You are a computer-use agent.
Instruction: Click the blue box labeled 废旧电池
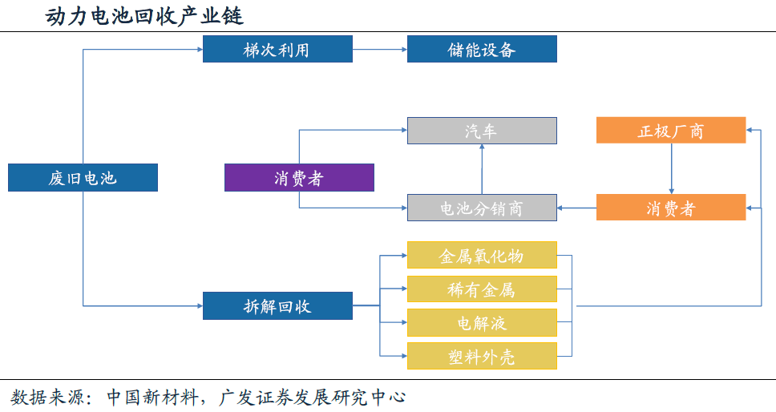click(x=83, y=178)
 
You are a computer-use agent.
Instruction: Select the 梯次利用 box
click(x=277, y=50)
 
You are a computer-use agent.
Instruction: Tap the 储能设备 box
click(x=482, y=50)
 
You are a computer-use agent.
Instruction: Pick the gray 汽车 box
click(x=482, y=131)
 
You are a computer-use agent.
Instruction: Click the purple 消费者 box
click(x=299, y=178)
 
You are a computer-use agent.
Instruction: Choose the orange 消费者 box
click(x=671, y=208)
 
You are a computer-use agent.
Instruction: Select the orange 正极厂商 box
click(x=671, y=131)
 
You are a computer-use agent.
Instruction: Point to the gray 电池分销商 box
click(x=482, y=208)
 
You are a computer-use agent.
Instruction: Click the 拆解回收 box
click(x=277, y=306)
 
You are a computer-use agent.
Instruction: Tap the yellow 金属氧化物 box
click(x=482, y=256)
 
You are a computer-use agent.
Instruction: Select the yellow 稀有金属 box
click(x=482, y=289)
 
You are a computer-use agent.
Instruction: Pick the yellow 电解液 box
click(x=482, y=323)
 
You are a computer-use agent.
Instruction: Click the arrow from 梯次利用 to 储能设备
click(x=380, y=50)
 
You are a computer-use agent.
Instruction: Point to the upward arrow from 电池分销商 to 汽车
click(x=482, y=169)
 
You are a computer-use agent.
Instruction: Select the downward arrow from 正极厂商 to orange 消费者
click(x=671, y=169)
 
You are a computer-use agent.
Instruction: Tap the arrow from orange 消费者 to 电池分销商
click(x=576, y=208)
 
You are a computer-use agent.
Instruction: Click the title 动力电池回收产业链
click(x=144, y=15)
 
